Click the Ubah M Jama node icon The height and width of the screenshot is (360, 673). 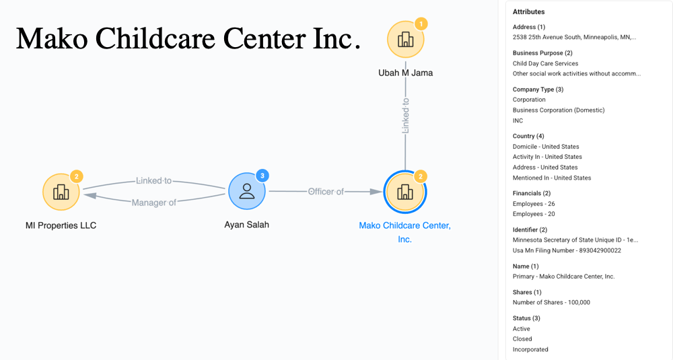405,40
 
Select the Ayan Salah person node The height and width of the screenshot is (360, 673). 247,191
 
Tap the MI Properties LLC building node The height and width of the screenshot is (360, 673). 61,192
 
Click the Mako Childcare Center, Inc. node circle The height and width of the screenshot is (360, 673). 404,192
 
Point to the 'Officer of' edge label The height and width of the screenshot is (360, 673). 326,192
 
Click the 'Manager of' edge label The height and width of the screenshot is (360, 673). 154,203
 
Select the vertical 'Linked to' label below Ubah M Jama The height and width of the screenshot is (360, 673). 405,116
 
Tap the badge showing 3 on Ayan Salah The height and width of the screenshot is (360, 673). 263,176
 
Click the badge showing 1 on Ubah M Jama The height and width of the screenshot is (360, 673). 421,24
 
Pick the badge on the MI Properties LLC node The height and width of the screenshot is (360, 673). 77,176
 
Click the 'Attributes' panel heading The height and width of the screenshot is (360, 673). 529,12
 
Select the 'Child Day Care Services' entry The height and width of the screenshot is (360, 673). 546,63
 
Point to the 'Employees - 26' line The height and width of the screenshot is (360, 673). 534,203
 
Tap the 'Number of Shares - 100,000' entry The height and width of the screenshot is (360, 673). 551,302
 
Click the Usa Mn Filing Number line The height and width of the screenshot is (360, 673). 567,250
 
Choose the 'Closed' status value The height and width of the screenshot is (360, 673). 522,339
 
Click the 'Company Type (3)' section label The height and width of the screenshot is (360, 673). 538,89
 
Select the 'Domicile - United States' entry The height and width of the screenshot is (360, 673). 546,147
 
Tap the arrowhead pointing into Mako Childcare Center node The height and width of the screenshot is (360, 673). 376,192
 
